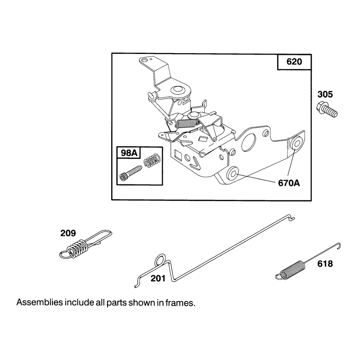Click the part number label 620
point(294,62)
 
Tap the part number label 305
point(325,94)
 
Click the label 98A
point(129,153)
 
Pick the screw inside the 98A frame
point(131,173)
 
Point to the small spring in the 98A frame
point(152,161)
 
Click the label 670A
point(289,183)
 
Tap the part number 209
point(68,233)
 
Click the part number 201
point(158,279)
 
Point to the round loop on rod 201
point(160,260)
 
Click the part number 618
point(325,264)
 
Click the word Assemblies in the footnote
point(40,302)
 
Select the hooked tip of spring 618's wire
point(338,245)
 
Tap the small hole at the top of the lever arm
point(144,60)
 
